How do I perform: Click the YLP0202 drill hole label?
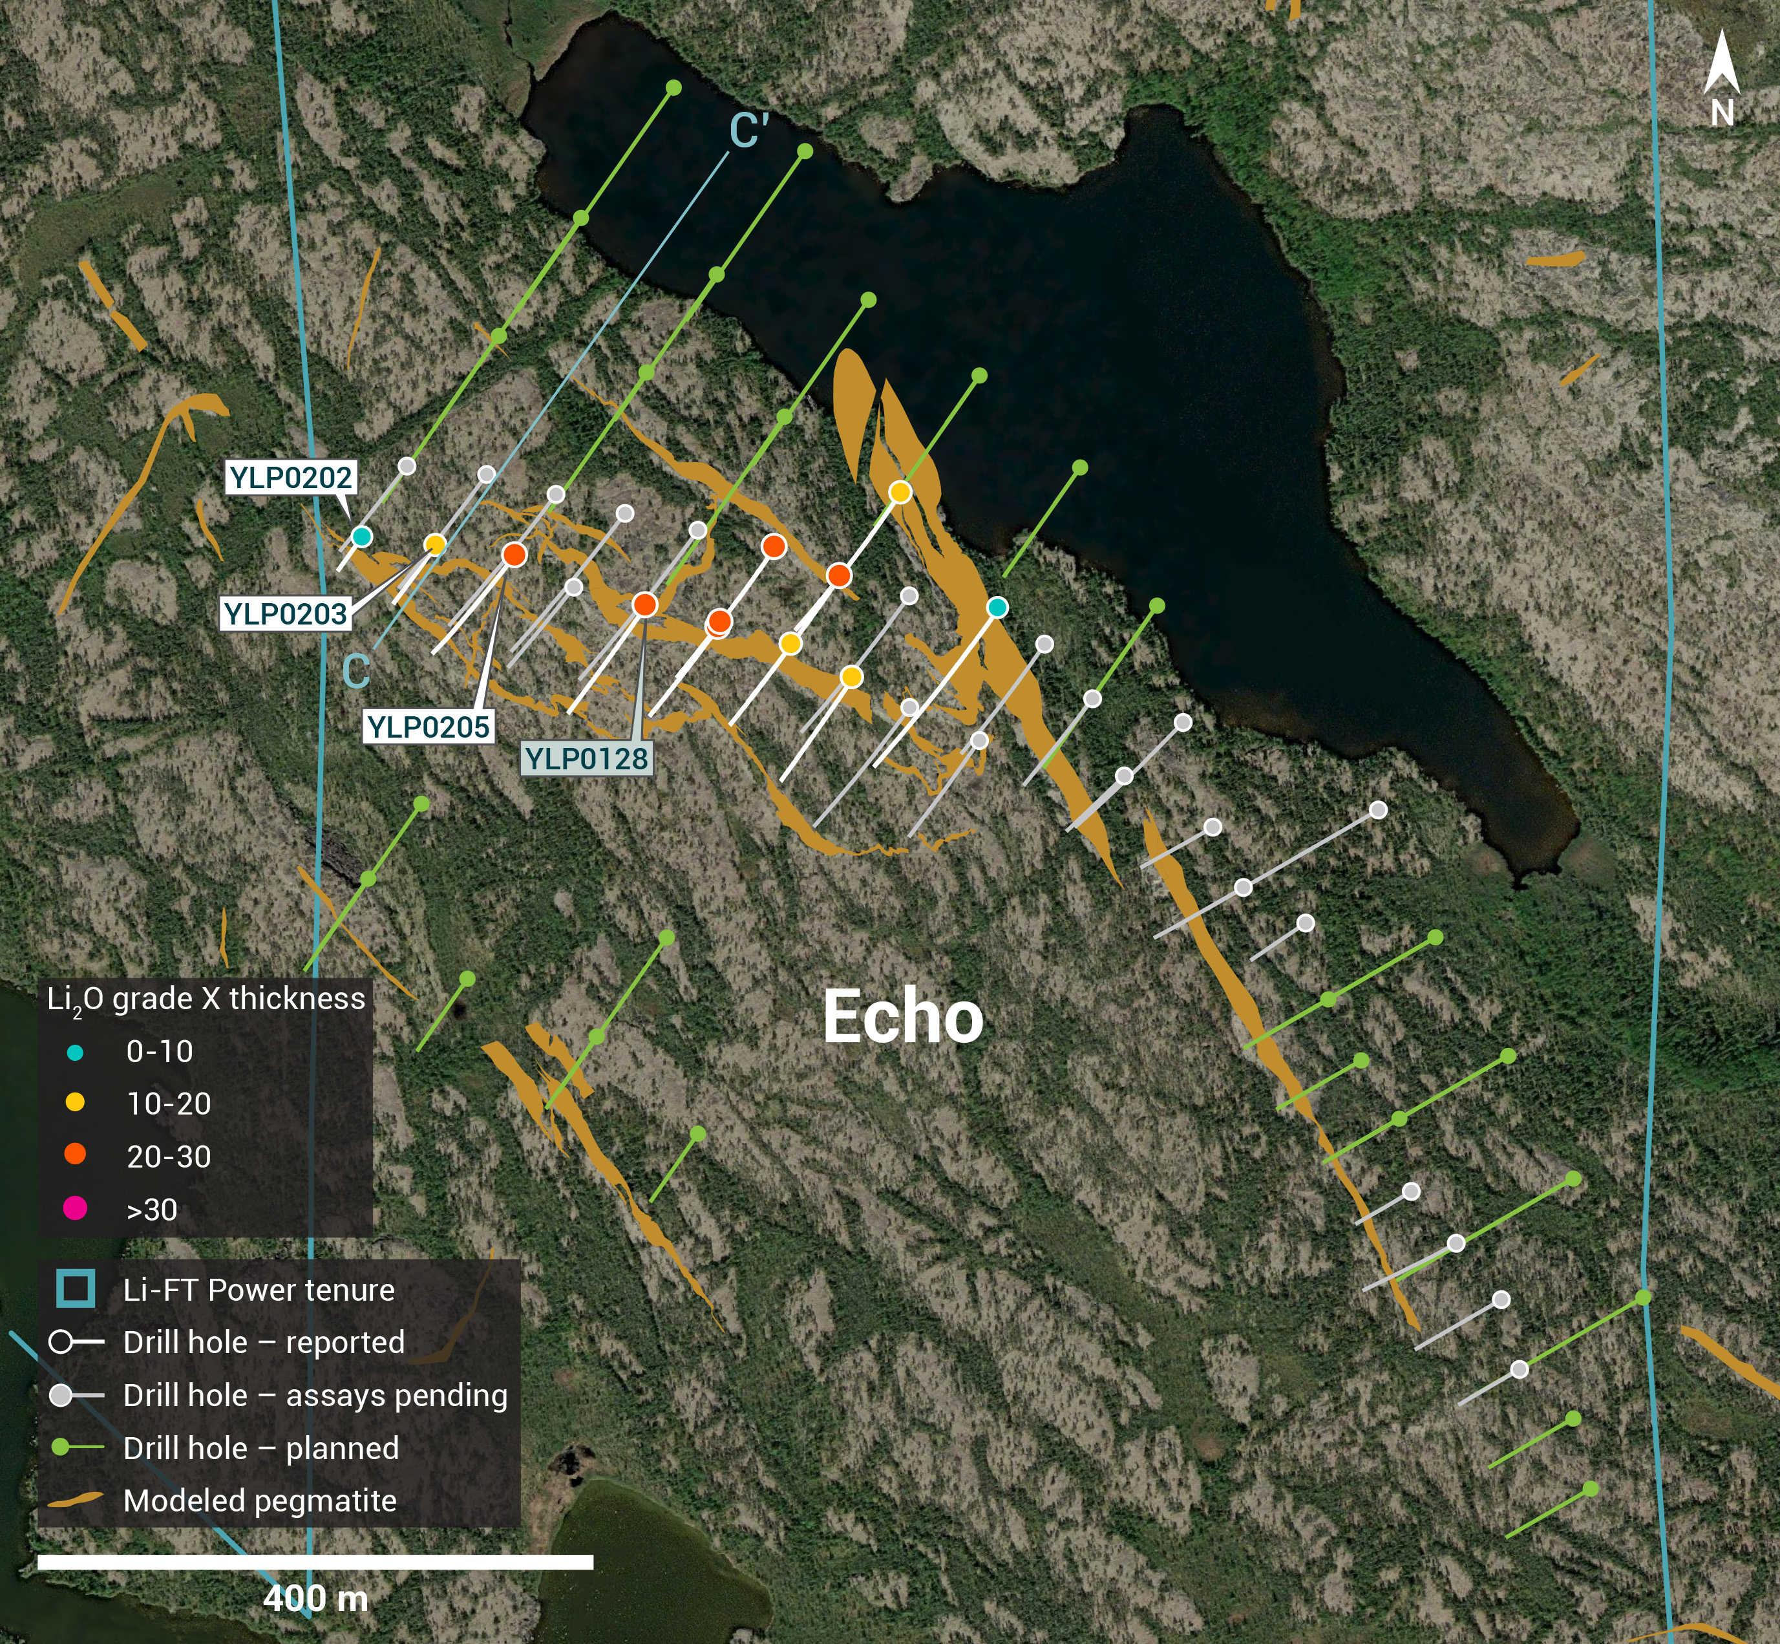pyautogui.click(x=291, y=477)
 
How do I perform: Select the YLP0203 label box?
pyautogui.click(x=284, y=614)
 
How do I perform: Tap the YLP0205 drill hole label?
pyautogui.click(x=429, y=727)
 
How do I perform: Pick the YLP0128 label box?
pyautogui.click(x=586, y=759)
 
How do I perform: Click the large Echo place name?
pyautogui.click(x=903, y=1017)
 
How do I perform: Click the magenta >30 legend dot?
pyautogui.click(x=75, y=1208)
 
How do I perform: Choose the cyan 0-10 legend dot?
pyautogui.click(x=75, y=1052)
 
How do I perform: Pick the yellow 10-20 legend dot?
pyautogui.click(x=75, y=1103)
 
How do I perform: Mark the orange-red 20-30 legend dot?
pyautogui.click(x=75, y=1155)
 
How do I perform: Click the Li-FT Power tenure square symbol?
pyautogui.click(x=76, y=1289)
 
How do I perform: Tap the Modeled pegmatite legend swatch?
pyautogui.click(x=75, y=1500)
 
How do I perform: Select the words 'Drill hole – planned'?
pyautogui.click(x=260, y=1448)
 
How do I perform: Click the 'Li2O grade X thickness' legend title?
pyautogui.click(x=206, y=999)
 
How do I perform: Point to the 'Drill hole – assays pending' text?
pyautogui.click(x=315, y=1395)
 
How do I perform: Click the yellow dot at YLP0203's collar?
pyautogui.click(x=435, y=544)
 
